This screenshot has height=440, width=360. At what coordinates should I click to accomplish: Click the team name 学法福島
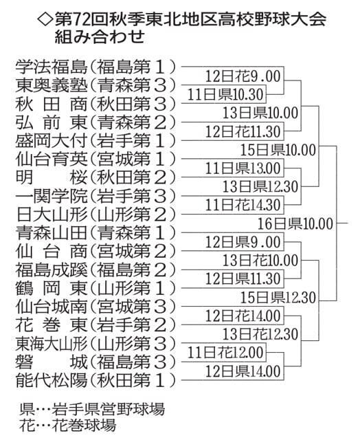[52, 67]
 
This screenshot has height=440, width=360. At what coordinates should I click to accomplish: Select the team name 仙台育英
[52, 159]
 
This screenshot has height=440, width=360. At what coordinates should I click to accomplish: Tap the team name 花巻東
[52, 325]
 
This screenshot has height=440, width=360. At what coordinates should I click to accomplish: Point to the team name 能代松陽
[52, 380]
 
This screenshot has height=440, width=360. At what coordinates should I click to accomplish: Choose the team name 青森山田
[52, 232]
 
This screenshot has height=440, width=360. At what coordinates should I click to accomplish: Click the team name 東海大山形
[52, 344]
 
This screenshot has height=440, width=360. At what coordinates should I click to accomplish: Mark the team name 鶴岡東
[52, 288]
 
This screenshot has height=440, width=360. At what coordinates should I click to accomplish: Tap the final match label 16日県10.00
[295, 223]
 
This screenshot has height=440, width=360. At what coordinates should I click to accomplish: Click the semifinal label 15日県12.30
[278, 298]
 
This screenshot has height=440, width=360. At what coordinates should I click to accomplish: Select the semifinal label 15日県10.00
[278, 150]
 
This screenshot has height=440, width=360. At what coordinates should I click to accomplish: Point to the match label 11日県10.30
[225, 94]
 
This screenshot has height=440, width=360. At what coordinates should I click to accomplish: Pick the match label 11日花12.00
[225, 353]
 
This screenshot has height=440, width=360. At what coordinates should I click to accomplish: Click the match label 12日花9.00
[243, 76]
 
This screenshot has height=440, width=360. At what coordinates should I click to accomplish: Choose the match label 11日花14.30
[243, 205]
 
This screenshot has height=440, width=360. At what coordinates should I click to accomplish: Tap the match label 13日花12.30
[260, 334]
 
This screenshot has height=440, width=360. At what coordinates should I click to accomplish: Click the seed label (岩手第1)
[133, 140]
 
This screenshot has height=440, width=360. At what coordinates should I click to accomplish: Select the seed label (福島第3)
[133, 362]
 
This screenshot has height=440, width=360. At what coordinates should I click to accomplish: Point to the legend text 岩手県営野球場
[109, 409]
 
